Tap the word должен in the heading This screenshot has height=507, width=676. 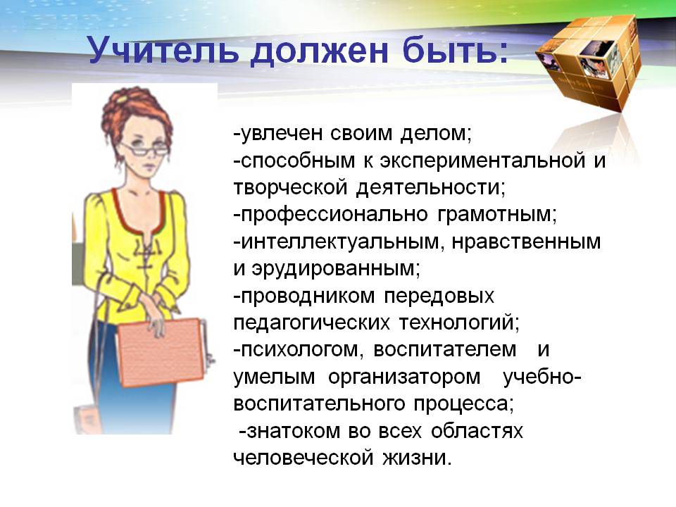click(x=320, y=51)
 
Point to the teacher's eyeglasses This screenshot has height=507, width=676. click(x=145, y=149)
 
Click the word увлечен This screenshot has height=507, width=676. click(x=280, y=133)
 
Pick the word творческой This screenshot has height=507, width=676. click(x=290, y=188)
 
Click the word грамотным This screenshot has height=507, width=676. click(x=496, y=215)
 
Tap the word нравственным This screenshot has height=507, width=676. click(x=526, y=242)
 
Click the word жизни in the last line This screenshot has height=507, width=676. click(x=416, y=458)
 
